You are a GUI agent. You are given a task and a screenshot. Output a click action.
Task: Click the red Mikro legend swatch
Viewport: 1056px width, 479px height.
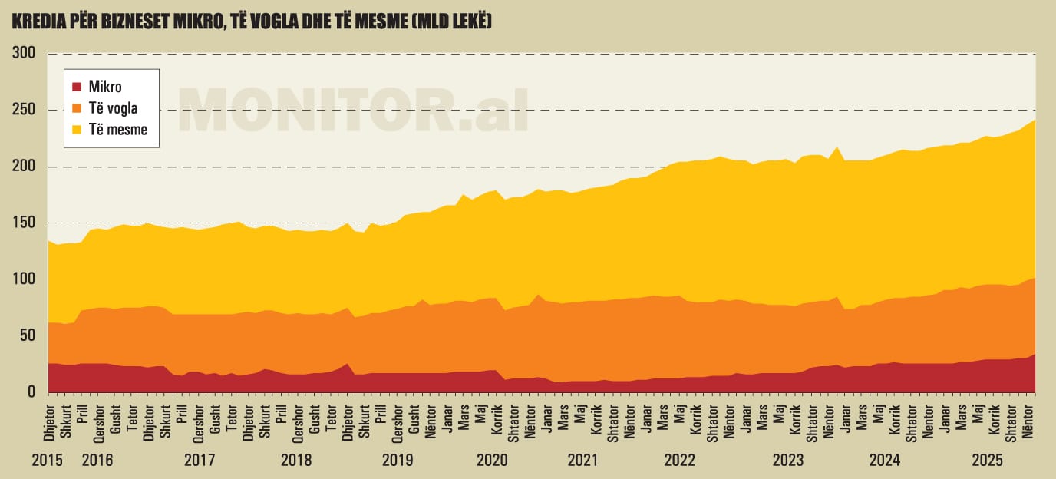pyautogui.click(x=77, y=87)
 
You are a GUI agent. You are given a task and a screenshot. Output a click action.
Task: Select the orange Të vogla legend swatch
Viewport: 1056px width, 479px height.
pyautogui.click(x=77, y=108)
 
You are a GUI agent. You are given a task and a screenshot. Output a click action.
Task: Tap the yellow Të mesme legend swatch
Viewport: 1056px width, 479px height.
pyautogui.click(x=77, y=130)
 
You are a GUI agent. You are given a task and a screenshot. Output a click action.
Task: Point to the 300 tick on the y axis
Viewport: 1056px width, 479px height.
pyautogui.click(x=24, y=53)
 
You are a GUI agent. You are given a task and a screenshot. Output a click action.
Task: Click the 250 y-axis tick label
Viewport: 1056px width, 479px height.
pyautogui.click(x=24, y=110)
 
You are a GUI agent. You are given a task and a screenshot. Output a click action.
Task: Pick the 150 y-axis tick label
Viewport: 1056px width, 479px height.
pyautogui.click(x=24, y=223)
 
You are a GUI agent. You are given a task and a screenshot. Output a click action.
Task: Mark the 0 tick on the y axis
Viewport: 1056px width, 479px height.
pyautogui.click(x=31, y=392)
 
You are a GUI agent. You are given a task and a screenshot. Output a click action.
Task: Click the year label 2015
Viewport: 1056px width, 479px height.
pyautogui.click(x=48, y=461)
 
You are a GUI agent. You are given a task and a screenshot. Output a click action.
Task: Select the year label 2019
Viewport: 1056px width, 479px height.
pyautogui.click(x=398, y=461)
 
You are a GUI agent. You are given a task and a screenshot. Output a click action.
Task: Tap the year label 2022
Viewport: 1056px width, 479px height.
pyautogui.click(x=679, y=461)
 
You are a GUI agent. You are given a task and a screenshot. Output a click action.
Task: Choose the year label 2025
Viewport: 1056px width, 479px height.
pyautogui.click(x=988, y=461)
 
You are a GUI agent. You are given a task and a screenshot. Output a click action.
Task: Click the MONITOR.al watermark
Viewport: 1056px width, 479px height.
pyautogui.click(x=353, y=110)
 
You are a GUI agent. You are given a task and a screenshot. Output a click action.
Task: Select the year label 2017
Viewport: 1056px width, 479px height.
pyautogui.click(x=200, y=461)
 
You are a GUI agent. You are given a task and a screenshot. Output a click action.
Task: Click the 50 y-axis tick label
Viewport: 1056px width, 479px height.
pyautogui.click(x=28, y=335)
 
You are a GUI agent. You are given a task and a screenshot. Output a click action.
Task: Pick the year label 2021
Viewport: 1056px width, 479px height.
pyautogui.click(x=583, y=461)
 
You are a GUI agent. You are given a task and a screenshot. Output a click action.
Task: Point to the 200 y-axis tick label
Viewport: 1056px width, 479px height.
pyautogui.click(x=24, y=167)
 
